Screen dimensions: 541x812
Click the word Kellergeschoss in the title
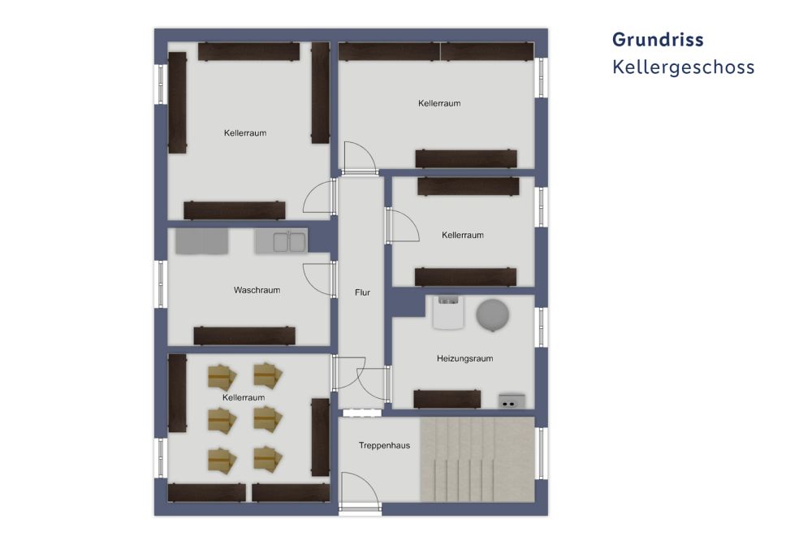click(x=683, y=67)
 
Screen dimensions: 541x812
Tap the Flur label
click(x=362, y=292)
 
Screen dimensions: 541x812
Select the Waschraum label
click(x=257, y=290)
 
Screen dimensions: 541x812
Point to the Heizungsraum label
click(x=464, y=358)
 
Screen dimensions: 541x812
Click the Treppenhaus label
click(x=384, y=445)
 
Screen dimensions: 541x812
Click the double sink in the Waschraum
click(x=281, y=241)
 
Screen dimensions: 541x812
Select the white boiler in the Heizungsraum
click(x=447, y=312)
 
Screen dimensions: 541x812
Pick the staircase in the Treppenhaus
click(x=477, y=459)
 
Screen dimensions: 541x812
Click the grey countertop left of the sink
click(x=202, y=241)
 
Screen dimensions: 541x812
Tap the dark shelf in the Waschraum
click(x=244, y=335)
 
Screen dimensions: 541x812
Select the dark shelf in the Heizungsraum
click(x=447, y=399)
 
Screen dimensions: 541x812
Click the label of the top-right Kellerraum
click(x=439, y=103)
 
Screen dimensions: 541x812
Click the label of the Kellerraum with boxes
click(x=244, y=398)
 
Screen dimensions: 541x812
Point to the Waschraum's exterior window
click(x=161, y=283)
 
